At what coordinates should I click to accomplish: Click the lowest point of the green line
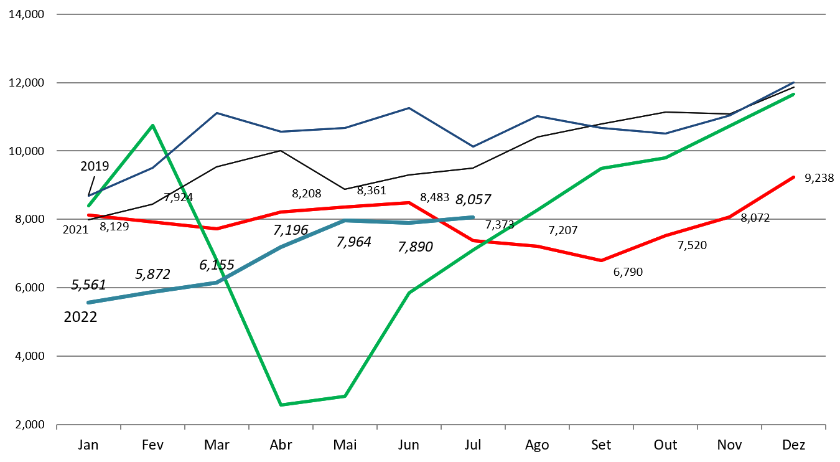tap(281, 405)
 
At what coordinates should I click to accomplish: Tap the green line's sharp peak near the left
tap(153, 125)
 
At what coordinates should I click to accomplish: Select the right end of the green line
tap(794, 94)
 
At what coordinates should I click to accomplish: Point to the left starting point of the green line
tap(88, 205)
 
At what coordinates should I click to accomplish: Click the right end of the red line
tap(794, 177)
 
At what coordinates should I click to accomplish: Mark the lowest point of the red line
tap(601, 260)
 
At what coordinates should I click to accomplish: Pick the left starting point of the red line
tap(88, 215)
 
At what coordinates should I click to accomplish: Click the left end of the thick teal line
tap(88, 303)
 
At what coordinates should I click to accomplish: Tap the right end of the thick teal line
tap(473, 217)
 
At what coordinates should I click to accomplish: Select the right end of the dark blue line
tap(794, 83)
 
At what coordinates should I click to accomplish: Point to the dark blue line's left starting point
tap(88, 196)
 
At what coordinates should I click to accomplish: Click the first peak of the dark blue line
tap(217, 113)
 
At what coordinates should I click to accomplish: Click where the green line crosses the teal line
tap(223, 280)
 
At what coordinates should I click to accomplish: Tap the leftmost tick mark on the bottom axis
tap(57, 427)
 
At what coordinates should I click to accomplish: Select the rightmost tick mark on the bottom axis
tap(825, 427)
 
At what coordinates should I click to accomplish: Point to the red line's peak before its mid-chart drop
tap(409, 202)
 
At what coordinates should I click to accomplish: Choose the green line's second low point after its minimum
tap(345, 396)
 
